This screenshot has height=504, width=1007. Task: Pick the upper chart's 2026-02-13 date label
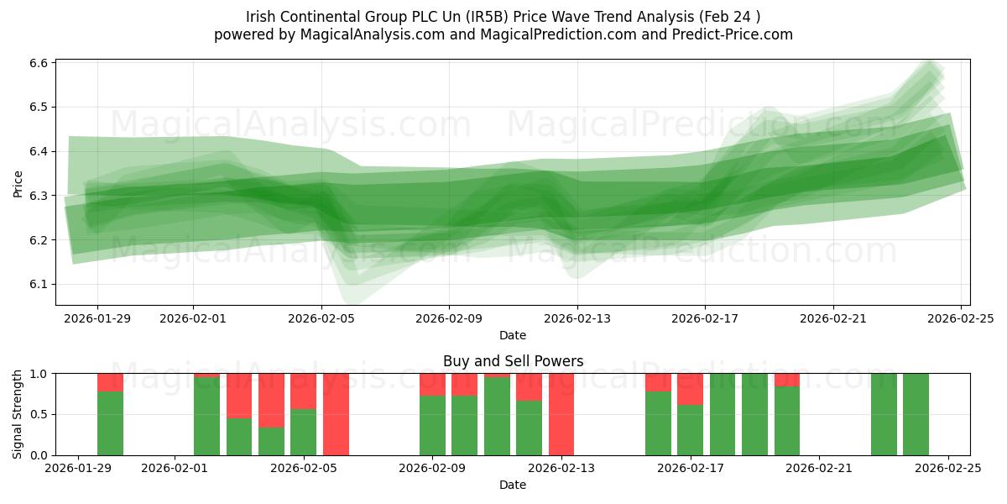coord(577,318)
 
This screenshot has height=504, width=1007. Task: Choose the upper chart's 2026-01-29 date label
coord(97,318)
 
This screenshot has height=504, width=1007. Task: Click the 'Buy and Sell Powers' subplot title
coord(513,362)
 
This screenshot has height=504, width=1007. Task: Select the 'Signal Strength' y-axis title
coord(18,414)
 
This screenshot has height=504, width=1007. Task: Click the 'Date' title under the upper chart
coord(513,335)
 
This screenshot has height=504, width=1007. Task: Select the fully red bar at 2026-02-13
coord(561,414)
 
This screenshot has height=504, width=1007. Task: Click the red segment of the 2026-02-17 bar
coord(690,389)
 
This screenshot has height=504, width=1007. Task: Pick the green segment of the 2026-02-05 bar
coord(303,432)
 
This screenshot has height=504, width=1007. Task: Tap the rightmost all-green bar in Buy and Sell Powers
coord(916,414)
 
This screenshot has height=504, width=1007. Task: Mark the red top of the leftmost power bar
coord(110,382)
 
